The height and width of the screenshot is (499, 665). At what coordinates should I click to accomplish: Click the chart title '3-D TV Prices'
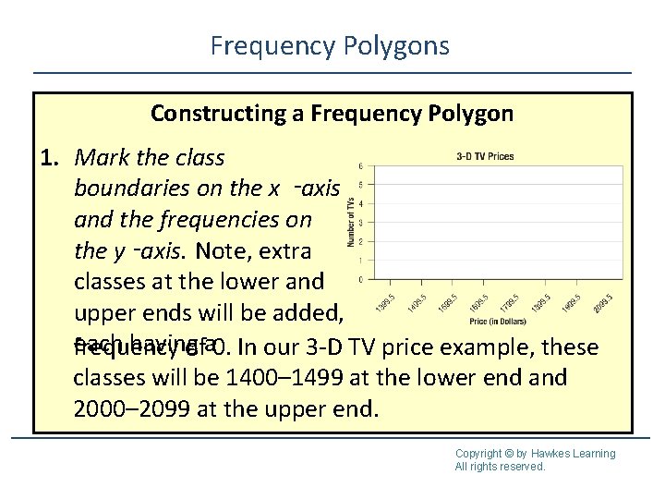(485, 156)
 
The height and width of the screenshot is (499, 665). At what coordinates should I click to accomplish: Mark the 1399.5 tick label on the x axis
(388, 303)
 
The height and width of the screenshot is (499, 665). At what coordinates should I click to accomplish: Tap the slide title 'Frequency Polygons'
(330, 45)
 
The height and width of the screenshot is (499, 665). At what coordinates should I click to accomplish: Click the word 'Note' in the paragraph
(220, 250)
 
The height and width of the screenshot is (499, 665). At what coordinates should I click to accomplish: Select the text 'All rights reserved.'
(500, 467)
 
